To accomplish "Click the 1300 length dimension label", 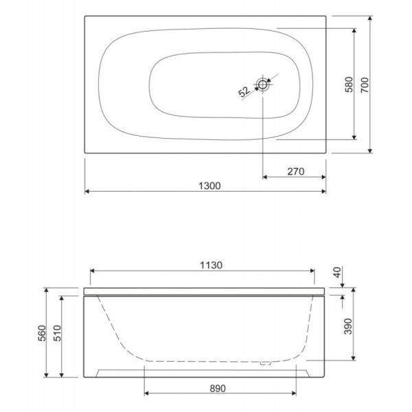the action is [x=209, y=186].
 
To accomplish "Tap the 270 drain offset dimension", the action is [x=295, y=171].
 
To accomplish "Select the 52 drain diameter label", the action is [x=244, y=91].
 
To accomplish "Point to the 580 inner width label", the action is [x=349, y=84].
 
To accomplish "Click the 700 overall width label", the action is [x=365, y=85].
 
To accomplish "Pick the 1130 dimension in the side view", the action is [x=211, y=265].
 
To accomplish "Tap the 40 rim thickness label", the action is [x=337, y=272].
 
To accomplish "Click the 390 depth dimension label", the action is [x=348, y=326].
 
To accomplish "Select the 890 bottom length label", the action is [x=218, y=389].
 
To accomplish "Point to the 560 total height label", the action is [x=42, y=333].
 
